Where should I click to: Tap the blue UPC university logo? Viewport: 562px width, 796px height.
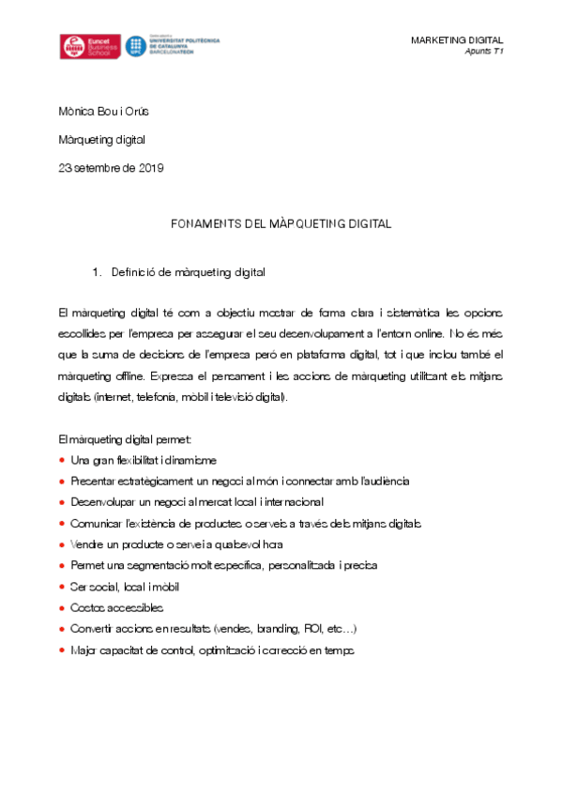[174, 47]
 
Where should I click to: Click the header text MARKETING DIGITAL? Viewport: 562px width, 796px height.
[457, 39]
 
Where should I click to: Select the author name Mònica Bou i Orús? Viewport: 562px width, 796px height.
[102, 112]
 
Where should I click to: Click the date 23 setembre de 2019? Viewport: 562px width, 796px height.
[111, 168]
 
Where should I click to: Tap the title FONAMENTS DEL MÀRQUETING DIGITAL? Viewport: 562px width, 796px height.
[281, 224]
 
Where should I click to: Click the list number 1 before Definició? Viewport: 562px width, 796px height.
[96, 273]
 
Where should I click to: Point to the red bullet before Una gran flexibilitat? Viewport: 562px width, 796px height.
[62, 460]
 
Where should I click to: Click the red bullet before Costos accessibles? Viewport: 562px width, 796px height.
[62, 608]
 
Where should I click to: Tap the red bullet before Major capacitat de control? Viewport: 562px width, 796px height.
[62, 651]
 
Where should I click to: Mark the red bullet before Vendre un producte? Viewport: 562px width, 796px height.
[62, 544]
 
